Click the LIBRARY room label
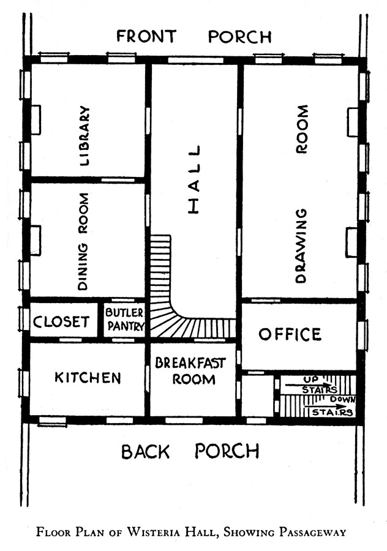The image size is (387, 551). pos(85,136)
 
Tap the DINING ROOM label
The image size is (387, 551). pos(83,241)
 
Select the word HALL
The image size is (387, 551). pos(194,179)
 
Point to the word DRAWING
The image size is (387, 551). pos(301,246)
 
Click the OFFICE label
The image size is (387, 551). pos(290,334)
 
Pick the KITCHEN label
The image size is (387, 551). pos(88,378)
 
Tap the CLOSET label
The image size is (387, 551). pos(61,321)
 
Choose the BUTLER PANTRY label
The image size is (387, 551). pos(125,320)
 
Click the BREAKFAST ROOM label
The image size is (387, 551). pos(190,371)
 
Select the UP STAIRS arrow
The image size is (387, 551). pos(308,385)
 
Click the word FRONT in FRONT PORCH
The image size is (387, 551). pos(146,37)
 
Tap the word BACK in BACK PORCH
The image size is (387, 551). pos(146,452)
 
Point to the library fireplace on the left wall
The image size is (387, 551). pos(36,119)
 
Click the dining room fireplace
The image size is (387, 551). pos(36,241)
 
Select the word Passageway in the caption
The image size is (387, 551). pos(312,532)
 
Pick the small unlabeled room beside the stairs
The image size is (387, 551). pos(258,395)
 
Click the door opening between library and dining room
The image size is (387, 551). pos(118,180)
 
